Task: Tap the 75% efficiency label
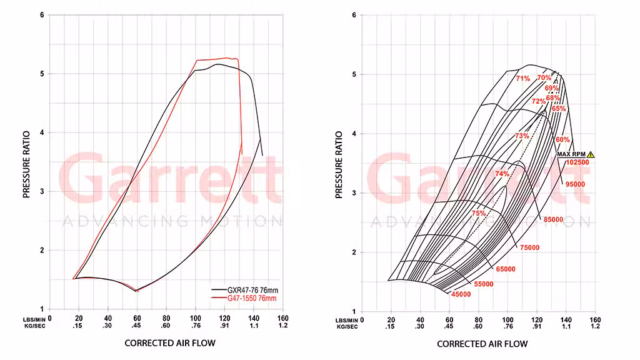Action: click(479, 213)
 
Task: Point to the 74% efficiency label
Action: click(502, 174)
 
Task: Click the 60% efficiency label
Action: click(562, 140)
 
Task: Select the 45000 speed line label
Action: click(461, 294)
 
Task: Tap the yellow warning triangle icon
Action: click(591, 154)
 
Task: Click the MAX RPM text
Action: click(571, 154)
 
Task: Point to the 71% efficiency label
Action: click(523, 79)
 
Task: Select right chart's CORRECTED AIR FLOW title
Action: click(482, 344)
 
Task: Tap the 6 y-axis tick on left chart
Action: click(42, 15)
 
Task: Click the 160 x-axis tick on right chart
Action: click(595, 319)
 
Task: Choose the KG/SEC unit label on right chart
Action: click(346, 326)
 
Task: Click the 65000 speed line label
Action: click(506, 269)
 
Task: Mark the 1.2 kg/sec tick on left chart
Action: click(283, 326)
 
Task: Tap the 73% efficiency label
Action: click(522, 136)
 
